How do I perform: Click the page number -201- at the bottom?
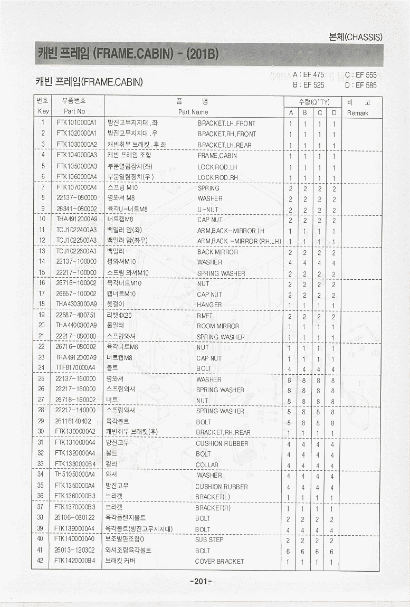tap(201, 582)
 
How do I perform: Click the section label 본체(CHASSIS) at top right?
tap(356, 37)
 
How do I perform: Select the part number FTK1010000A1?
tap(77, 123)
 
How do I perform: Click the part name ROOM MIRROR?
tap(217, 326)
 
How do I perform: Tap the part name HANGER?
tap(209, 305)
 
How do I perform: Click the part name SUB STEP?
tap(209, 540)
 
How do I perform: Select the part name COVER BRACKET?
tap(220, 562)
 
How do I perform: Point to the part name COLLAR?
tap(207, 465)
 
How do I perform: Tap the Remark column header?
tap(358, 113)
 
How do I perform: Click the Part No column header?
tap(74, 112)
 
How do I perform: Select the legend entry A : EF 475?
tap(308, 75)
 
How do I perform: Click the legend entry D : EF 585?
tap(361, 85)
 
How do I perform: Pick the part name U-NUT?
tap(207, 210)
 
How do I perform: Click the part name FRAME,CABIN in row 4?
tap(217, 156)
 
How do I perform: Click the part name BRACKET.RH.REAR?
tap(223, 433)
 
